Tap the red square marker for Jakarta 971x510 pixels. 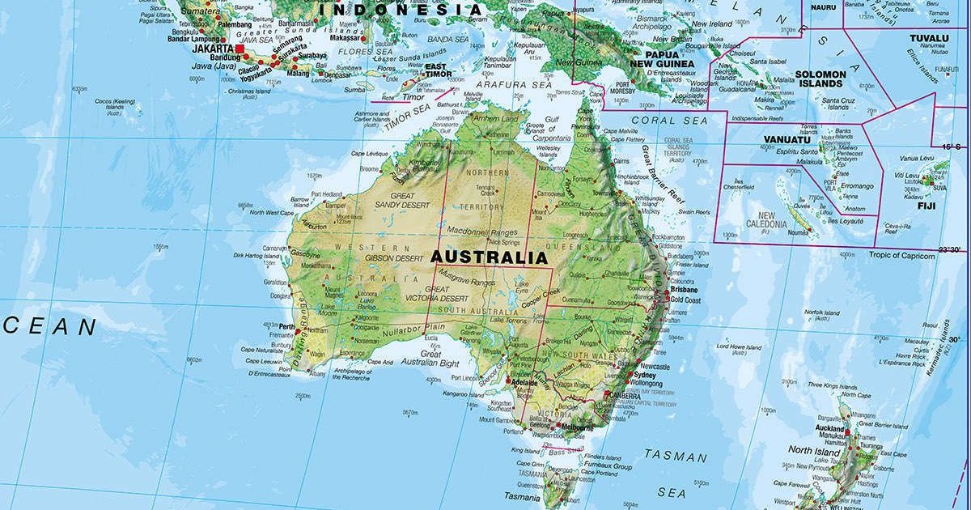coord(240,49)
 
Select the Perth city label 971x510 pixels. coord(286,327)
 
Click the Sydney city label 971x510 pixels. coord(645,375)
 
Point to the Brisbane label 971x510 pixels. coord(684,289)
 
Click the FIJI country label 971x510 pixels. coord(903,206)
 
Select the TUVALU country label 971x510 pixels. coord(928,38)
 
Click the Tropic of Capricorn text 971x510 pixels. coord(901,256)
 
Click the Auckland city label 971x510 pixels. coord(829,428)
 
